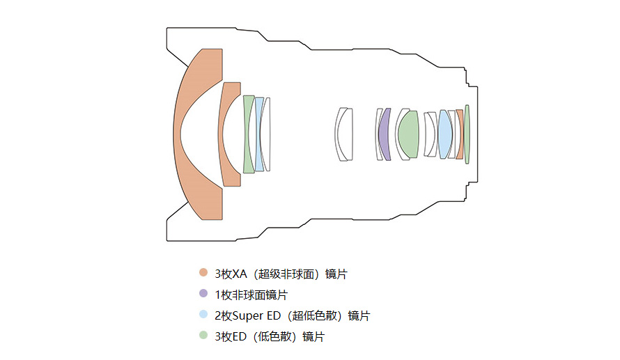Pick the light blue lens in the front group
click(258, 134)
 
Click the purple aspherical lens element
click(384, 134)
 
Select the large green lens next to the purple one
click(408, 134)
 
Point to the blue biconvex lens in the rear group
click(445, 134)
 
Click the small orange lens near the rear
click(460, 134)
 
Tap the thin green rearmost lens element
click(467, 134)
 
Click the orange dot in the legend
click(203, 272)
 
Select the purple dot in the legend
click(203, 293)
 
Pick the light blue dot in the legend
click(203, 314)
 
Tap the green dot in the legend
click(203, 335)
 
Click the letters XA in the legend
click(239, 274)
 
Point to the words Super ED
click(256, 315)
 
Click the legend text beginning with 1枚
click(251, 295)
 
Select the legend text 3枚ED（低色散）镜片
click(270, 337)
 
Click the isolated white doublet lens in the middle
click(343, 134)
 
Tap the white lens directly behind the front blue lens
click(267, 134)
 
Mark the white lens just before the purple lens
click(378, 134)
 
